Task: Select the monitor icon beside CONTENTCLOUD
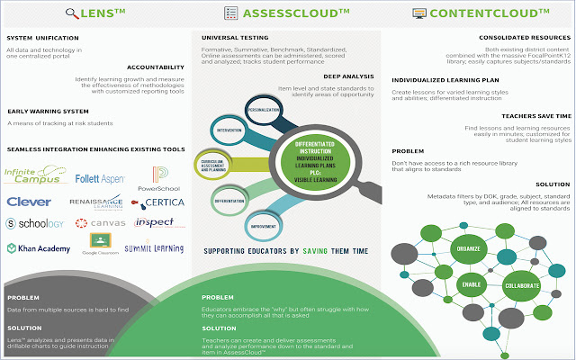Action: [419, 14]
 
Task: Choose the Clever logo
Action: [29, 202]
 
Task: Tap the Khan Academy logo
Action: [39, 247]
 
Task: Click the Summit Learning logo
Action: [154, 247]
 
